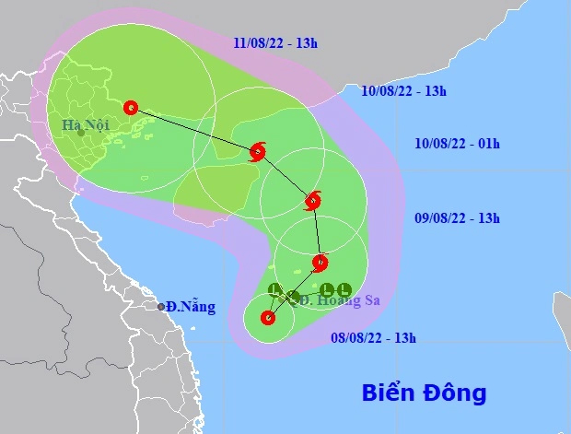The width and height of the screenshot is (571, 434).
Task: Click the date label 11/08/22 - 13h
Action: click(x=275, y=43)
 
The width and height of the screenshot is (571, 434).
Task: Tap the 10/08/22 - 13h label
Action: click(x=403, y=90)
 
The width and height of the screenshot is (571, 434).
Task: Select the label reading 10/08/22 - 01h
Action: click(x=457, y=143)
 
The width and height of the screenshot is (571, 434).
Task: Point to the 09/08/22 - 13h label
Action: click(x=457, y=218)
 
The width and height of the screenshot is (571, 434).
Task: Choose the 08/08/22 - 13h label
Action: click(x=374, y=338)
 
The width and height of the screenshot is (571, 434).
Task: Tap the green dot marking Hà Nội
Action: click(x=82, y=133)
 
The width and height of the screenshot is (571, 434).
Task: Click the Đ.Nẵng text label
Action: click(x=192, y=307)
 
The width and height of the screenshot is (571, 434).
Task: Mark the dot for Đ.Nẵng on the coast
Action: click(x=161, y=307)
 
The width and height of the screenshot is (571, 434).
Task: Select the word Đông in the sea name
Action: click(x=453, y=393)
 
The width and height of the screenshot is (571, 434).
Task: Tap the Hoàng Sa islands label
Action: click(x=340, y=300)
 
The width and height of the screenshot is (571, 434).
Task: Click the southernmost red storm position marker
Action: click(x=268, y=319)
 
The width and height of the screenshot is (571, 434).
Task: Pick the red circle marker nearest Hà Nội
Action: click(x=130, y=107)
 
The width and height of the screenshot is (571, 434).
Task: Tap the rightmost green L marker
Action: click(x=344, y=288)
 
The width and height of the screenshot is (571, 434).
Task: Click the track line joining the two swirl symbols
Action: click(x=286, y=175)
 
